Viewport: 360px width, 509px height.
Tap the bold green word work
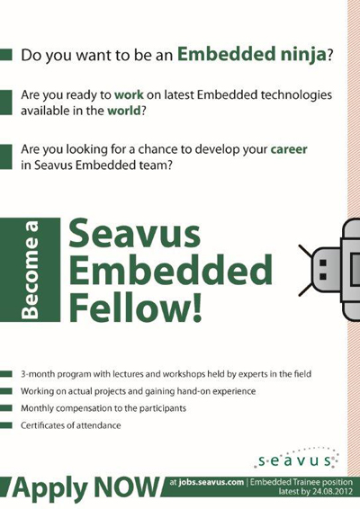coord(129,94)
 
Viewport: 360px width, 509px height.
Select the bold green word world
coord(124,111)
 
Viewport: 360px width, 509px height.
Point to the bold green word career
coord(289,149)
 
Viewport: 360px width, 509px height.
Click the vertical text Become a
coord(30,270)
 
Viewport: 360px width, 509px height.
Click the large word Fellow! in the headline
coord(136,307)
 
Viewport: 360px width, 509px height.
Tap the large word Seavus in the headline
coord(134,234)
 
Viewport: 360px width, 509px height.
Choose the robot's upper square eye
coord(323,263)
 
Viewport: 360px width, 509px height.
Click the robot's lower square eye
coord(323,277)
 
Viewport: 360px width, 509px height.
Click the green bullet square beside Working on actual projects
coord(5,391)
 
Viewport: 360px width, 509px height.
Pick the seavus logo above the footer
coord(297,459)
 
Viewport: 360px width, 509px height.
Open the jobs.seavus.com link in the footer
coord(211,482)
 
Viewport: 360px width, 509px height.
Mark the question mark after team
coord(169,165)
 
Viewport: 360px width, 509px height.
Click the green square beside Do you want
coord(5,55)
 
